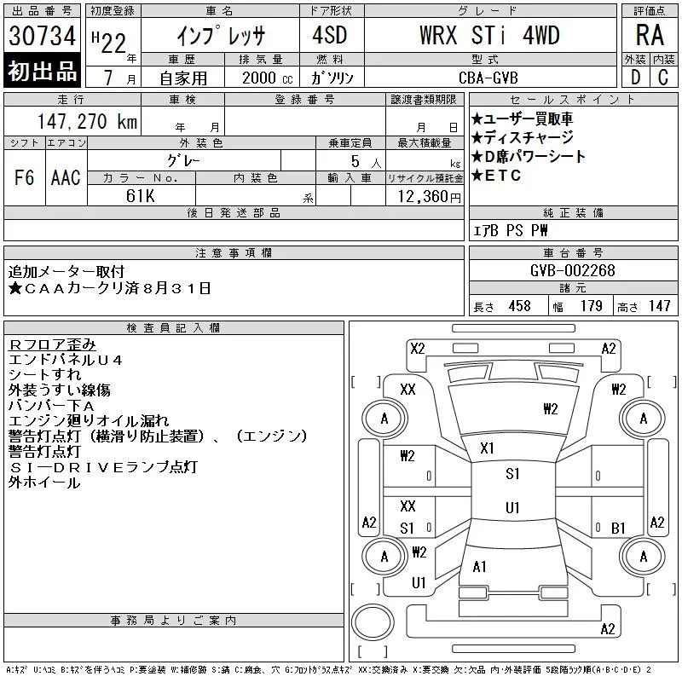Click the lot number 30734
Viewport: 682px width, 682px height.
(42, 36)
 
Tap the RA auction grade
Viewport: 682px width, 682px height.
(650, 35)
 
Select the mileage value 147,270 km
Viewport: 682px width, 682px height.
(87, 121)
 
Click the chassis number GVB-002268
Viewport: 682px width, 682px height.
(572, 270)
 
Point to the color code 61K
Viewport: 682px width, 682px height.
(140, 196)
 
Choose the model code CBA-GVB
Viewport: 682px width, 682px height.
(488, 78)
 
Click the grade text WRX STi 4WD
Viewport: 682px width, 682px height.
(489, 35)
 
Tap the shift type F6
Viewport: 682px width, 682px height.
(24, 177)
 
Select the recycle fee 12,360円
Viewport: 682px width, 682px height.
(430, 197)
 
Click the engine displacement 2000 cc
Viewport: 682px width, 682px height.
(267, 78)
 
